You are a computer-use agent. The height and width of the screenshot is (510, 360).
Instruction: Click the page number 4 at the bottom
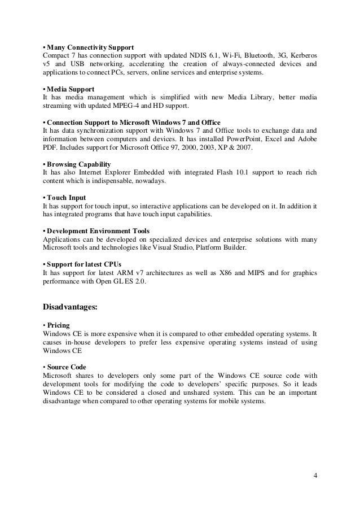point(315,474)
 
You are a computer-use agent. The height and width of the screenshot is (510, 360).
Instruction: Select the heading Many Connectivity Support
point(89,46)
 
